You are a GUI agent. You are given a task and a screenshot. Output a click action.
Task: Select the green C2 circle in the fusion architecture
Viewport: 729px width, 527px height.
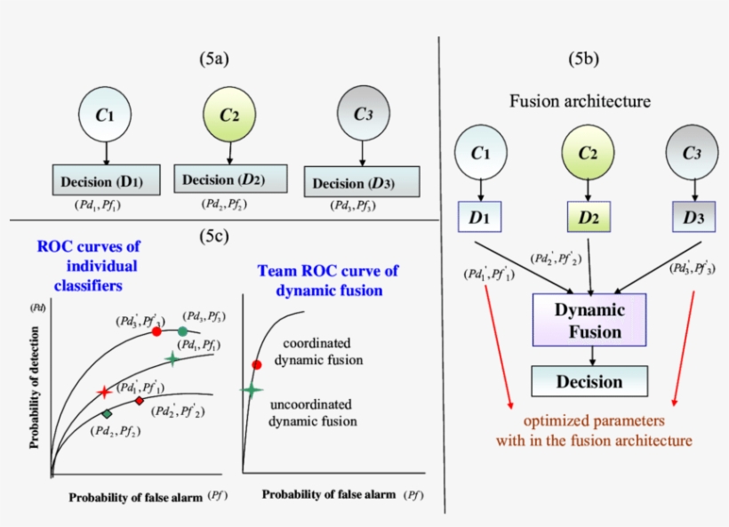pos(588,153)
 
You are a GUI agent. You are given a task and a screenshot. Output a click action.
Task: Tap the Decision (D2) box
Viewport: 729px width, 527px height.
pos(230,180)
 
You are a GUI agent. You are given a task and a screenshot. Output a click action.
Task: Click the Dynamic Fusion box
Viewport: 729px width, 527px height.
pos(589,321)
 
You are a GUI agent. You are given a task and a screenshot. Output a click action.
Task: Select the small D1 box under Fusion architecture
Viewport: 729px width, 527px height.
pos(481,217)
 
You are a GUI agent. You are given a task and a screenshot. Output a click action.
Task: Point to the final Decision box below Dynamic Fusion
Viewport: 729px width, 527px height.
pos(589,381)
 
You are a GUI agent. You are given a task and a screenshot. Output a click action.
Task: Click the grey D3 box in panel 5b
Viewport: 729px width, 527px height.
pos(693,217)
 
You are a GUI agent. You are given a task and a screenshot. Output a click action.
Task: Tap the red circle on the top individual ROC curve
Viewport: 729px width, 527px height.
pos(156,331)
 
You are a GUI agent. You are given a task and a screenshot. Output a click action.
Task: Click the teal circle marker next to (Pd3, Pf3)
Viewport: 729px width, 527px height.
pos(182,331)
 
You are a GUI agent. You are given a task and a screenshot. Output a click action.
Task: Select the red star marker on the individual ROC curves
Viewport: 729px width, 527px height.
pos(104,391)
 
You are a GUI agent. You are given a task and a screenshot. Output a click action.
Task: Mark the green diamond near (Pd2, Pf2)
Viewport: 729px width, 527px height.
pos(107,415)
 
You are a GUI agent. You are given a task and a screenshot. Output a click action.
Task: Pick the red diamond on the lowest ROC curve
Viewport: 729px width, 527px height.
pos(140,401)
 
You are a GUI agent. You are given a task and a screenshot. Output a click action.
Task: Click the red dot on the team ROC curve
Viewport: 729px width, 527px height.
pos(257,364)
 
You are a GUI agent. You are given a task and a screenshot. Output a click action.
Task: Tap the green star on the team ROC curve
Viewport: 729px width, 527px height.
pos(252,389)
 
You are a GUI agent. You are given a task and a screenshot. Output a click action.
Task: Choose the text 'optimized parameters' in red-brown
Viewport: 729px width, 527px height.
pos(593,420)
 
